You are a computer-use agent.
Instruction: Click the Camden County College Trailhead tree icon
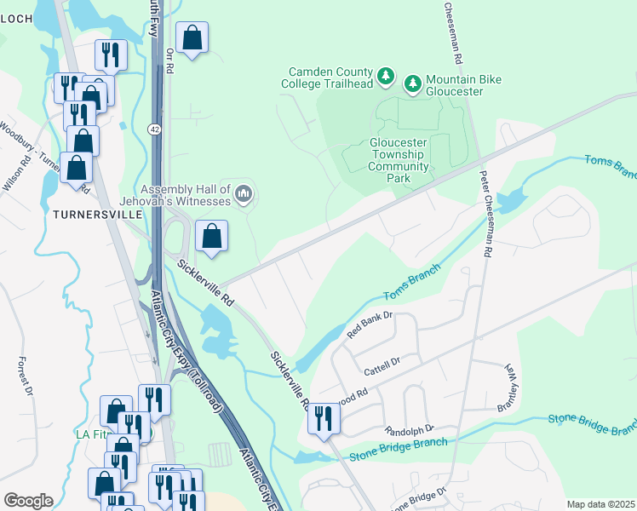[x=387, y=78]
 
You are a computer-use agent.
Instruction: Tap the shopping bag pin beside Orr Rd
[x=192, y=39]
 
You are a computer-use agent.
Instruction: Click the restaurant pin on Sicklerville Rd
[x=324, y=419]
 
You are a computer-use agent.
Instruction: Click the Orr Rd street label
[x=169, y=62]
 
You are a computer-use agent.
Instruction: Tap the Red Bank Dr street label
[x=370, y=325]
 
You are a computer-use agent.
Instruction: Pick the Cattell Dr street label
[x=382, y=365]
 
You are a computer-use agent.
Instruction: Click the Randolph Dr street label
[x=410, y=428]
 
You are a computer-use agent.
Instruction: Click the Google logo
[x=28, y=501]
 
